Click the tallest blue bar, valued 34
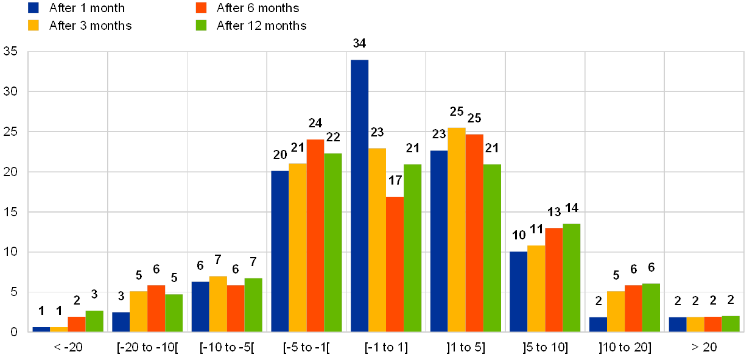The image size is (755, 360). click(359, 196)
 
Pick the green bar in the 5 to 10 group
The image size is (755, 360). click(571, 277)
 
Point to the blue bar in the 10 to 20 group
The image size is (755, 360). click(597, 324)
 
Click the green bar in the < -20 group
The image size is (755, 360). click(94, 321)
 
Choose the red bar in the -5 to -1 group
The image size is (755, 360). click(315, 235)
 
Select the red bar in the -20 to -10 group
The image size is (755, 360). click(156, 308)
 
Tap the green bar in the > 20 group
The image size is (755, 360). click(730, 323)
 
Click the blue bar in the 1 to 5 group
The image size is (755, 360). click(439, 241)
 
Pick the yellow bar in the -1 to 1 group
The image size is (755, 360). click(377, 239)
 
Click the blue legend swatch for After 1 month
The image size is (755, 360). click(34, 7)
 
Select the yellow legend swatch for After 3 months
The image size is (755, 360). click(34, 25)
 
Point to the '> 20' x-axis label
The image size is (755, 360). click(704, 347)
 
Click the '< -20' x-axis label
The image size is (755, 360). click(68, 347)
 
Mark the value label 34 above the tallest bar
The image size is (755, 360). click(359, 43)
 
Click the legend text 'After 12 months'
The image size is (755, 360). click(261, 25)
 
